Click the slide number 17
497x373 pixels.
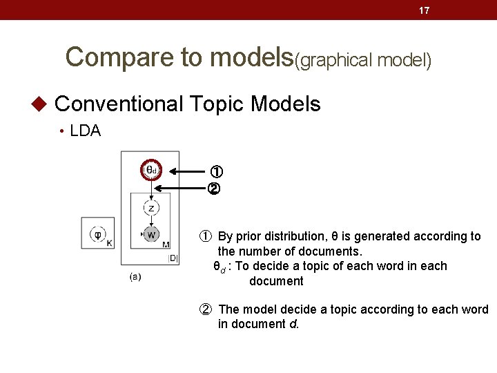point(425,10)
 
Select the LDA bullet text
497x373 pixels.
point(86,131)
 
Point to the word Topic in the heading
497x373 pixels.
point(215,104)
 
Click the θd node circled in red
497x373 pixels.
point(151,170)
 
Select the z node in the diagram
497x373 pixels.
point(151,207)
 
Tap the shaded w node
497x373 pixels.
point(151,234)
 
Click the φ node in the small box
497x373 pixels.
point(97,233)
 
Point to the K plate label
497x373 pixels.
point(110,243)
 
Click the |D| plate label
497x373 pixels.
point(173,258)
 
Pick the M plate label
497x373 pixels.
point(166,244)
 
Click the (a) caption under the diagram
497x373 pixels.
point(135,277)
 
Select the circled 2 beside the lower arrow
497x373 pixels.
point(214,188)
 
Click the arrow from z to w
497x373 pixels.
point(151,220)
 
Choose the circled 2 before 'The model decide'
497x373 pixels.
point(206,309)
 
